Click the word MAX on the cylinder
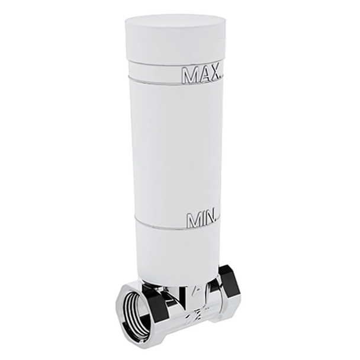click(200, 75)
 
